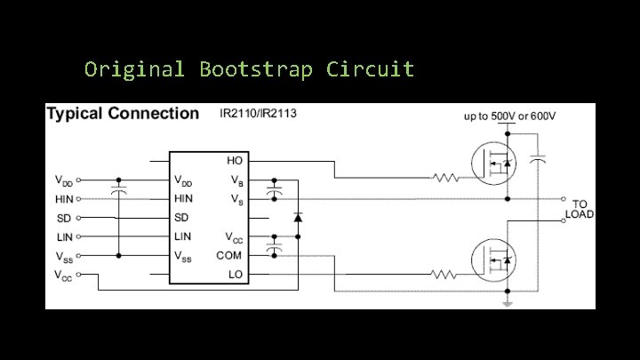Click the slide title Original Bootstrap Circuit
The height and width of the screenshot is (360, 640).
[249, 69]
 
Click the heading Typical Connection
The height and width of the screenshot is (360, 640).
[123, 114]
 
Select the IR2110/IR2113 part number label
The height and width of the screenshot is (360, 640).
[258, 114]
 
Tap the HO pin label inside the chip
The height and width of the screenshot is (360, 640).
[236, 162]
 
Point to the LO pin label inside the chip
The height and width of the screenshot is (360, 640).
[236, 275]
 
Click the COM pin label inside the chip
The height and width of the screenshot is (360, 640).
[229, 255]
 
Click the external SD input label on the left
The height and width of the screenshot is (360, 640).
[64, 218]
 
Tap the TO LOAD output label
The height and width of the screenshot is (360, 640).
[580, 209]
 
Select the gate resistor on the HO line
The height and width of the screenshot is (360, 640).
[445, 178]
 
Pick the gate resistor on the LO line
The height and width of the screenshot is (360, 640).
[445, 275]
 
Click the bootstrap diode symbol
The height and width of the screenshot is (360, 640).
[298, 217]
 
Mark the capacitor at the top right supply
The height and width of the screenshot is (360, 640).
[536, 161]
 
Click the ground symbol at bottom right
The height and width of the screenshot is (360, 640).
[508, 302]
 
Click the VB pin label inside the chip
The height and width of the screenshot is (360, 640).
[236, 180]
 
